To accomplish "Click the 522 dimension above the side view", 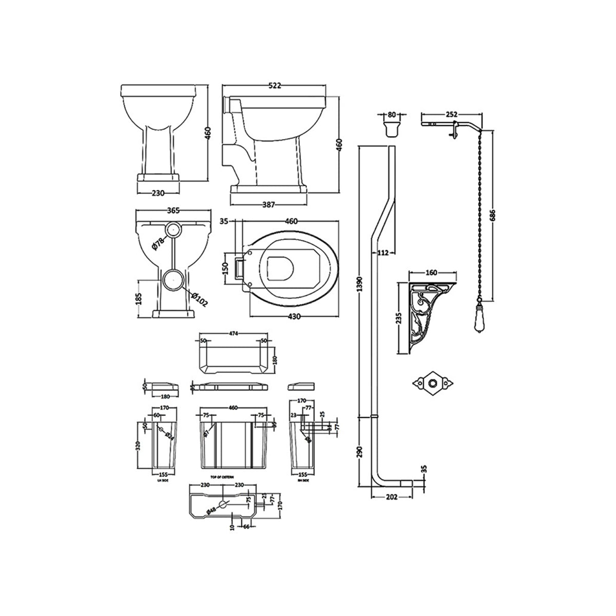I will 275,86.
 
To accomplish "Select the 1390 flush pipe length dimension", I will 360,282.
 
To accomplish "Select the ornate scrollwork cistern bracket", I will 427,318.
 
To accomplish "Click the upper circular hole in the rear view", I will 173,229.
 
